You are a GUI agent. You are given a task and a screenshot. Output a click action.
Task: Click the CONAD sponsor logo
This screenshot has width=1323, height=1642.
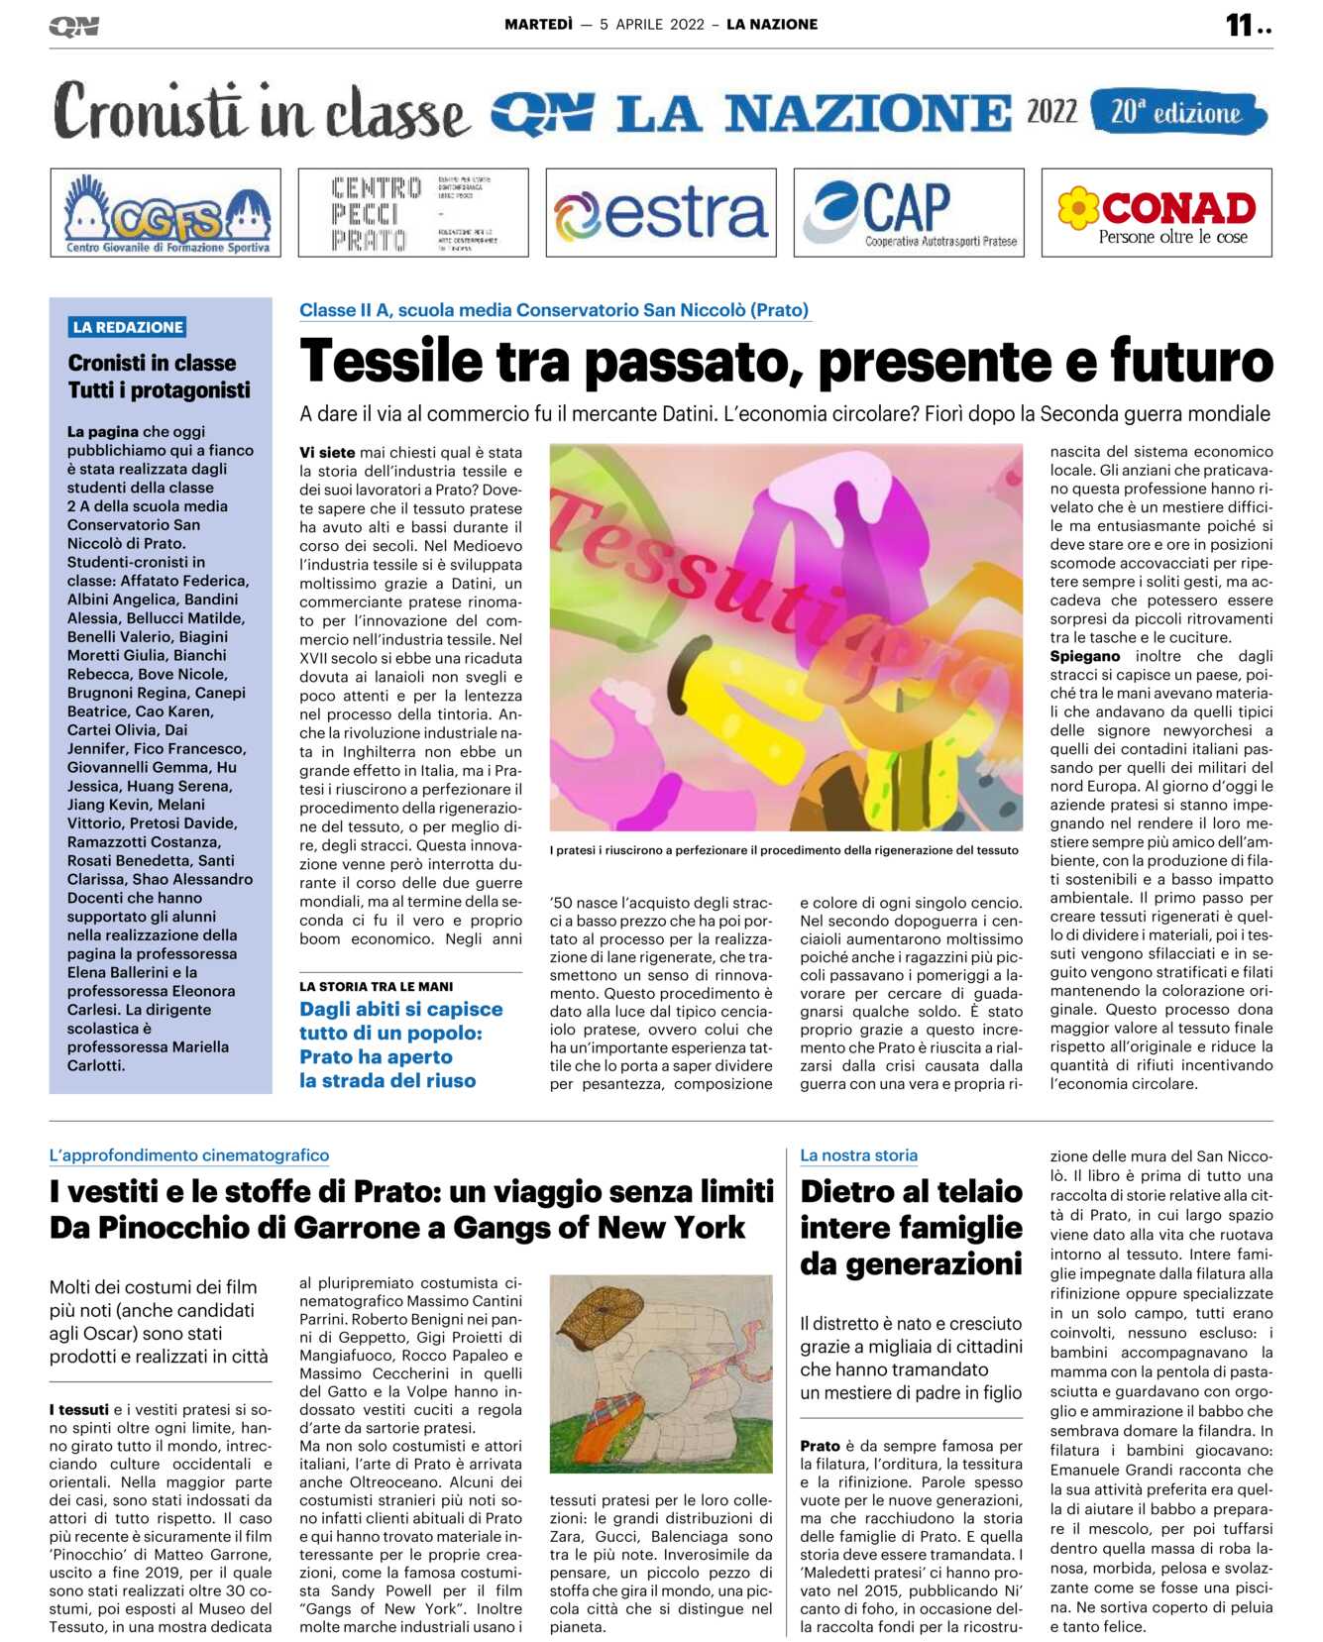click(1156, 212)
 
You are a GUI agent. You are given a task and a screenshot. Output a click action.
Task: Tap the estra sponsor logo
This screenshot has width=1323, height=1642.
click(660, 212)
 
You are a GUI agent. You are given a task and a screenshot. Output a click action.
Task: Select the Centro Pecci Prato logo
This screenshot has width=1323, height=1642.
click(412, 212)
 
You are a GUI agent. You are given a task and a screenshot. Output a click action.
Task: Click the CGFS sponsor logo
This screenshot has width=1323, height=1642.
click(165, 212)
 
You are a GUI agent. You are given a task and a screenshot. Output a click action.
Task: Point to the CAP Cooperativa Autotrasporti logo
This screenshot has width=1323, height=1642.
click(909, 212)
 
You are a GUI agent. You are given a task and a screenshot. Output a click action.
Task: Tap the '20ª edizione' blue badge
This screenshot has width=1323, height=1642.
click(1177, 112)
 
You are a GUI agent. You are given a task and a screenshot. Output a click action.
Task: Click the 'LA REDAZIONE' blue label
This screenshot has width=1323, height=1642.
click(128, 327)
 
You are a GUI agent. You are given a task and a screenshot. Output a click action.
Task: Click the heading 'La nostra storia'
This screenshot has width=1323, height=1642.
click(858, 1154)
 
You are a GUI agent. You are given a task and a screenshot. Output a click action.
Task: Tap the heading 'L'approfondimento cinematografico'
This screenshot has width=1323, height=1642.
click(189, 1154)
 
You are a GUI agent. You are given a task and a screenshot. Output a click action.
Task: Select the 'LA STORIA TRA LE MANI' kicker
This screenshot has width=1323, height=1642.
click(377, 986)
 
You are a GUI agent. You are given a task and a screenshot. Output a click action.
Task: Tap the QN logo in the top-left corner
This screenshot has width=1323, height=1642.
click(74, 27)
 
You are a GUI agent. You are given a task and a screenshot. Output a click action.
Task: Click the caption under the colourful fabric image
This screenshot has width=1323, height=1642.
click(784, 849)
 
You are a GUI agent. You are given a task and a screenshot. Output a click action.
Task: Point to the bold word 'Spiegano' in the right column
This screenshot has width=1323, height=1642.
click(1085, 656)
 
